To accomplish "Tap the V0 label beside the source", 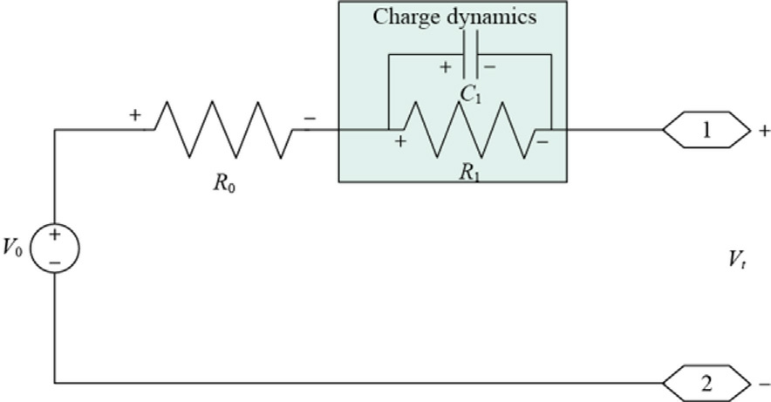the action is (x=13, y=247).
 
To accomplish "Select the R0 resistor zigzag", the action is (x=224, y=130).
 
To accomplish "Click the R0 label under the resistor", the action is (x=224, y=183).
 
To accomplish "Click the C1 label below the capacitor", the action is (x=471, y=93).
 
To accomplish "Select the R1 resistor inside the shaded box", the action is (x=469, y=130).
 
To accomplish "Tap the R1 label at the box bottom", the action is (x=469, y=173).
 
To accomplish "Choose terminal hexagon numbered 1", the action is (x=706, y=130).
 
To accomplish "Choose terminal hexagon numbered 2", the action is (x=706, y=384).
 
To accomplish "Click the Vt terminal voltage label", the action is (x=737, y=258).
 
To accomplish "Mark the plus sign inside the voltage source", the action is (x=55, y=235).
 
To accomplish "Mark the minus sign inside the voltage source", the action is (x=55, y=263).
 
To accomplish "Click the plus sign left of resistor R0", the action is (x=134, y=115).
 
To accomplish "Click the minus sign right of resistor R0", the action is (x=310, y=119).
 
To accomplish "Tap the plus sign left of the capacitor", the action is (x=445, y=67).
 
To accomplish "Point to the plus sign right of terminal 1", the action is (x=764, y=131).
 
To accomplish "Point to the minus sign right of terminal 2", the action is (x=765, y=384).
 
